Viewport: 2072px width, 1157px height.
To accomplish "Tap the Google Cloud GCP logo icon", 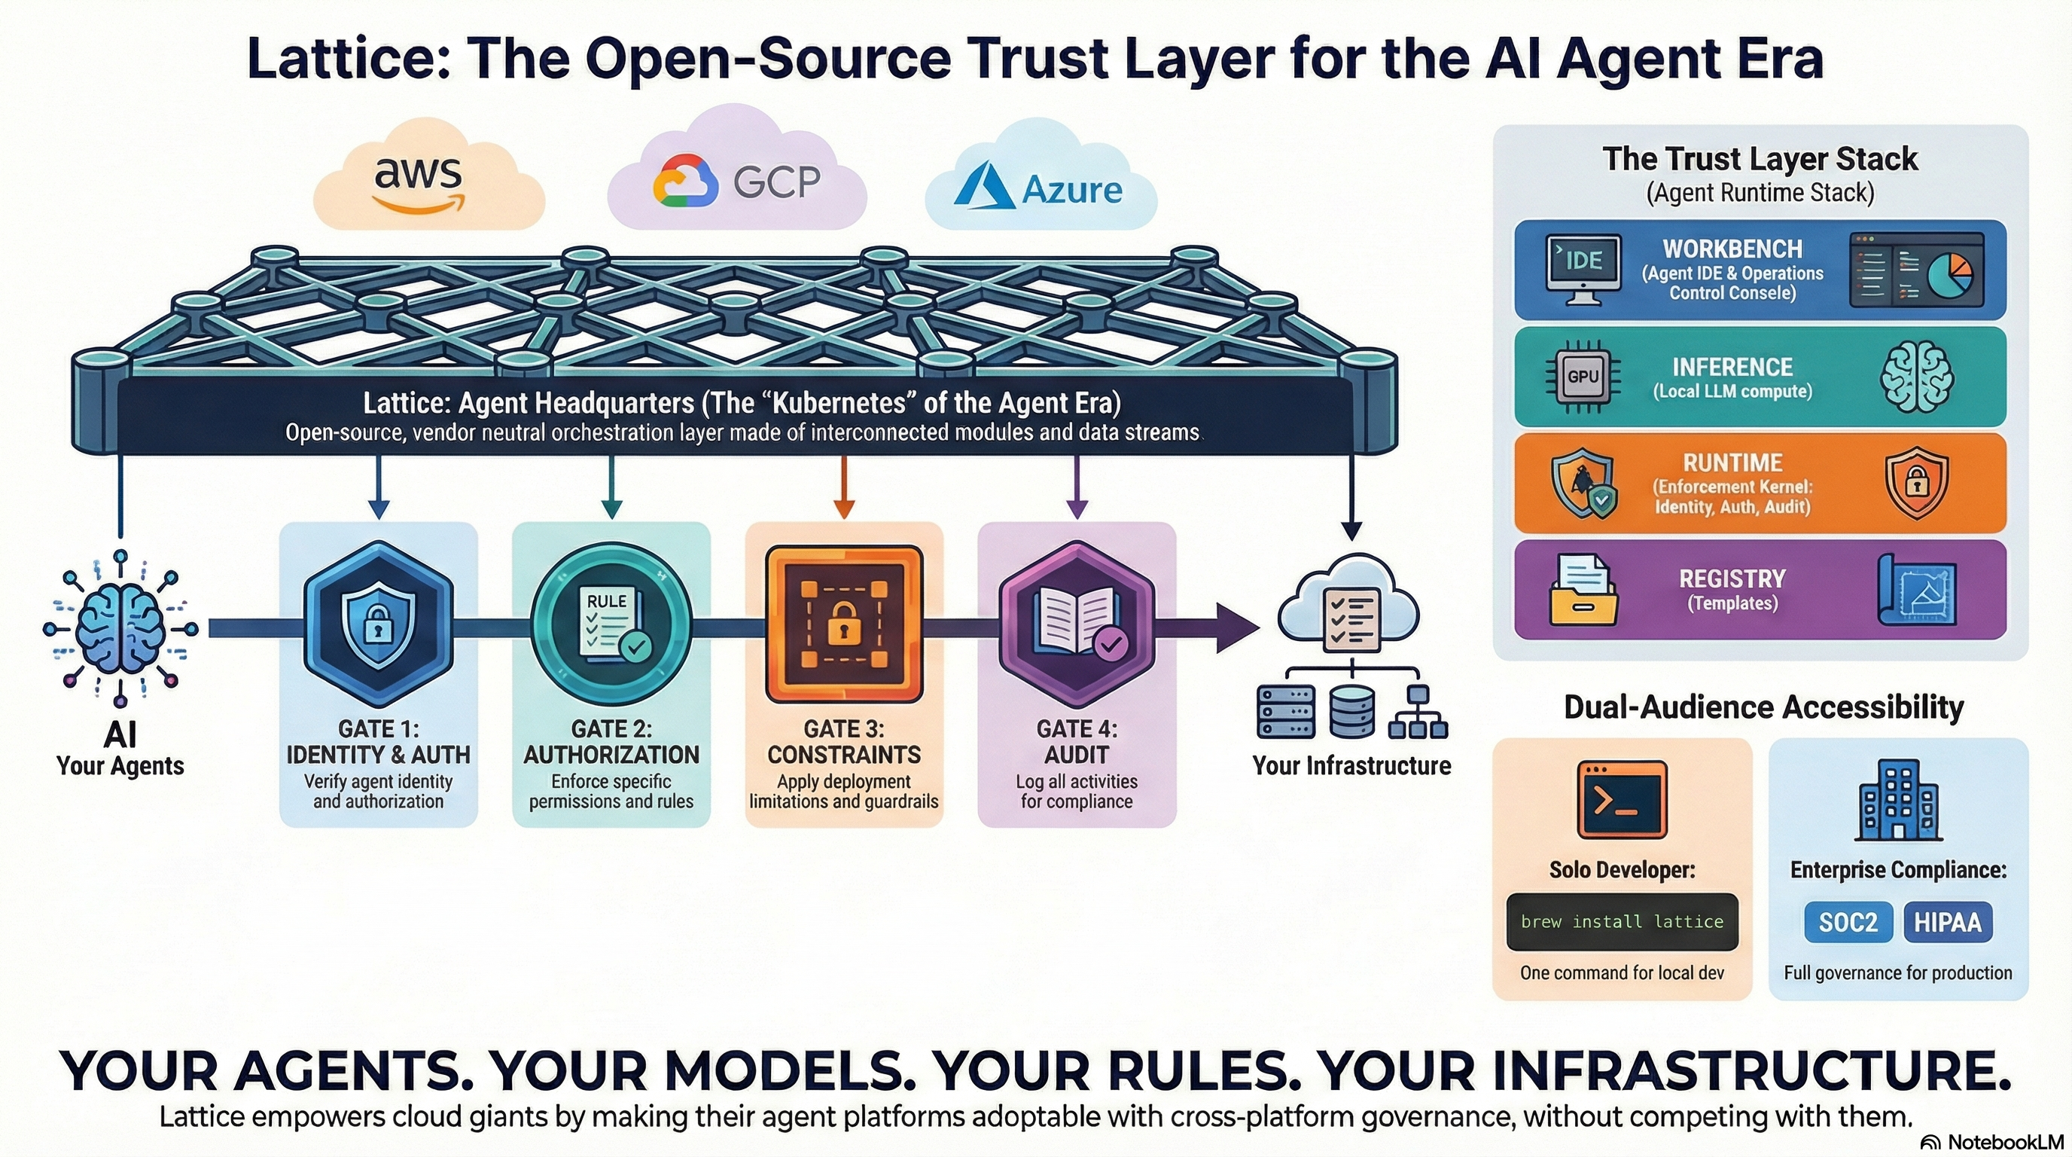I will [x=684, y=181].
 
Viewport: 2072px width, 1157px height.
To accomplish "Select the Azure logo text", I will [x=1071, y=190].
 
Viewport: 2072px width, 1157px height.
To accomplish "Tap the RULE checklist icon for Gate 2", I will [x=613, y=625].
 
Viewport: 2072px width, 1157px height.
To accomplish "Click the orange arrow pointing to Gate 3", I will [x=843, y=487].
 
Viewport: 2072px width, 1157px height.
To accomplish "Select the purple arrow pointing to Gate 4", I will [x=1076, y=487].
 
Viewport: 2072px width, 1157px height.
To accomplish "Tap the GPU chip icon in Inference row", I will [x=1582, y=377].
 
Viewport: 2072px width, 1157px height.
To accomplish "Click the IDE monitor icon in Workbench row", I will [x=1582, y=268].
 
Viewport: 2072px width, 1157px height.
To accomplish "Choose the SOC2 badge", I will [x=1848, y=921].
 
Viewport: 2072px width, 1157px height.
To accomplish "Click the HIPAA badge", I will [x=1946, y=921].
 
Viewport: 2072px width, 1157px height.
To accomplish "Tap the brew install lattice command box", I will [x=1622, y=921].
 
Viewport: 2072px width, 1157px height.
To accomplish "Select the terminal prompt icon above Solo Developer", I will [x=1622, y=800].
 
